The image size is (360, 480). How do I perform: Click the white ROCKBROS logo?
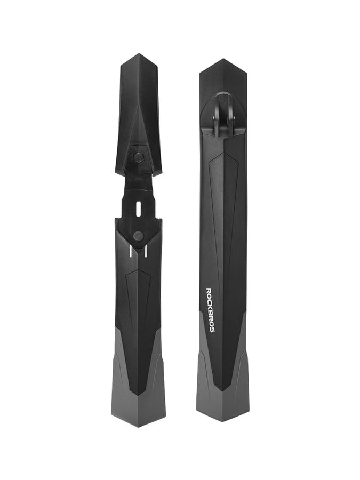(x=210, y=310)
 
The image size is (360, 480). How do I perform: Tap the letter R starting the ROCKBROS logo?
(x=210, y=290)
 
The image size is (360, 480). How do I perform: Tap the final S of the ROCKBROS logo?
(x=210, y=331)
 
